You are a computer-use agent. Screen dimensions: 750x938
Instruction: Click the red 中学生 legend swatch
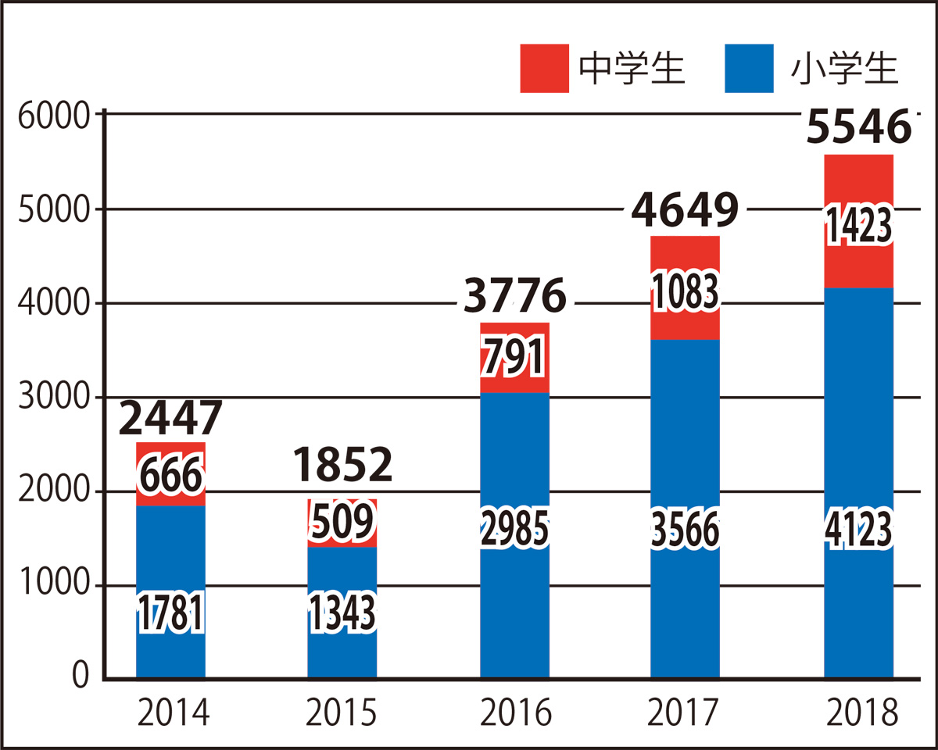pos(545,69)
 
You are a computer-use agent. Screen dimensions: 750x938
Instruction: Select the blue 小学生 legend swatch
pos(750,69)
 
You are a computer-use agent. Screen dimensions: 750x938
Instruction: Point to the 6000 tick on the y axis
pos(53,115)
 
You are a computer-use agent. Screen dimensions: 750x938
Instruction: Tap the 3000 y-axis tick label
pos(53,398)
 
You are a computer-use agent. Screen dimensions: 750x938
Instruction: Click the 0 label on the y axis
pos(80,677)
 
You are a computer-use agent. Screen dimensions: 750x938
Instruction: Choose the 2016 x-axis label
pos(515,713)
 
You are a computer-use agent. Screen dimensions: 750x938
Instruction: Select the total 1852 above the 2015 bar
pos(342,465)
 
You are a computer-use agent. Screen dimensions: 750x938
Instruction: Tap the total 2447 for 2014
pos(171,419)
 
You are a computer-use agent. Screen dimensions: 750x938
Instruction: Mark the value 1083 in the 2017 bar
pos(686,290)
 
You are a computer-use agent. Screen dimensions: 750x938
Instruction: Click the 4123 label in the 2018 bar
pos(858,531)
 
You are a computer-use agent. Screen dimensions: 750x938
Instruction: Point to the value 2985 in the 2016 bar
pos(514,531)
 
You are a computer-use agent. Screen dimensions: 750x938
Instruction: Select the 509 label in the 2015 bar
pos(342,522)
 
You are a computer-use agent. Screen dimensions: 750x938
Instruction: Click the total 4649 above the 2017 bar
pos(686,209)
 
